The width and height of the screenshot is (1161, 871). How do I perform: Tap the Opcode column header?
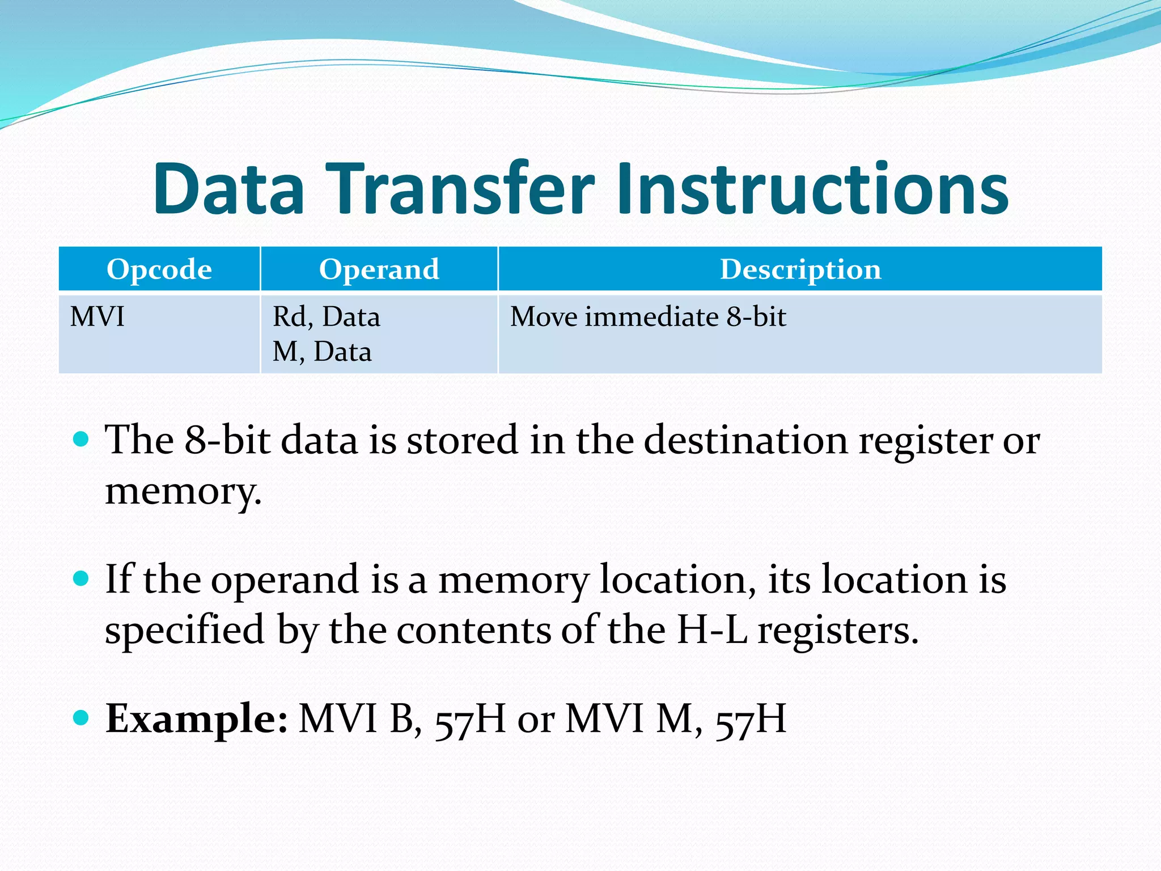click(x=159, y=269)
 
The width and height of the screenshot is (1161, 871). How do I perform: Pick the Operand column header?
click(x=379, y=269)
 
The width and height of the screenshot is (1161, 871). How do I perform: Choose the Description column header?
click(x=800, y=269)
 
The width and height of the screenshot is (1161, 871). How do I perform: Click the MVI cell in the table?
click(x=97, y=316)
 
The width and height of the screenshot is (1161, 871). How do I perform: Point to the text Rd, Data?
click(x=326, y=316)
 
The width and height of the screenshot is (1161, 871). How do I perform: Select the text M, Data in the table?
click(x=321, y=352)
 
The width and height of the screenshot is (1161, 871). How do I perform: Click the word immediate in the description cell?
click(x=652, y=316)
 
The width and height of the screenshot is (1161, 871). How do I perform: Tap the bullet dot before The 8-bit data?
click(x=82, y=439)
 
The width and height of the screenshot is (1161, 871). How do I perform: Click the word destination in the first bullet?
click(x=745, y=440)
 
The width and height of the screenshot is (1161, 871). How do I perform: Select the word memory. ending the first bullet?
click(x=183, y=491)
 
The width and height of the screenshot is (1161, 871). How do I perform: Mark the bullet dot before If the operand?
click(x=82, y=578)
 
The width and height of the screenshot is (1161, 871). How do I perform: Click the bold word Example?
click(x=197, y=719)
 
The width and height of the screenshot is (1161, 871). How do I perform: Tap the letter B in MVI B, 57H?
click(x=401, y=719)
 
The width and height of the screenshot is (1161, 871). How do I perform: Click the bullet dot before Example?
click(x=82, y=718)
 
